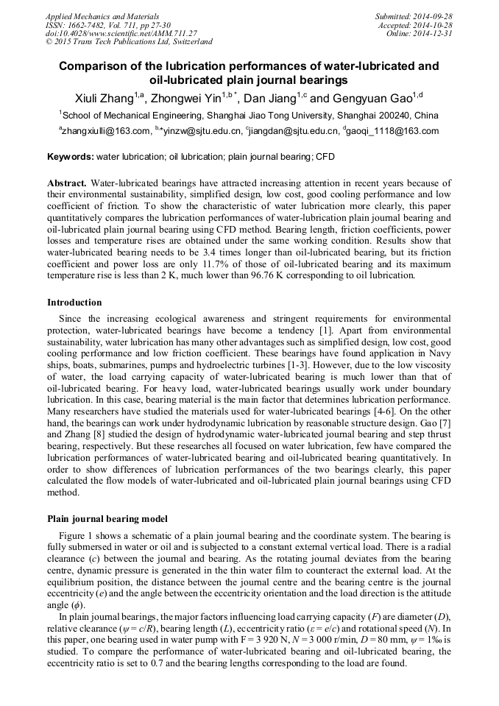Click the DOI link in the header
tap(121, 33)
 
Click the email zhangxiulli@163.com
tap(106, 132)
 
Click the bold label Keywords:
tap(71, 157)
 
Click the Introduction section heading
tap(74, 303)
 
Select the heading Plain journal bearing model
tap(107, 519)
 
